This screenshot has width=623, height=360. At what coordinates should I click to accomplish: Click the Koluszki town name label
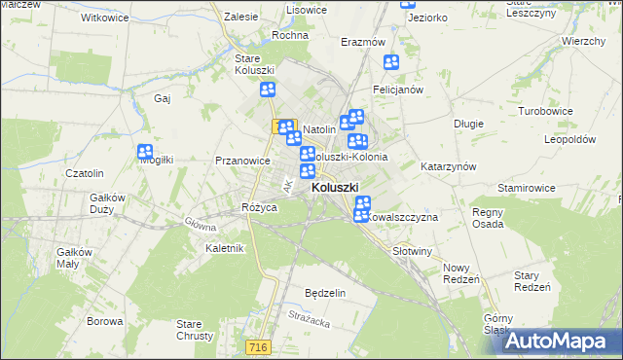334,189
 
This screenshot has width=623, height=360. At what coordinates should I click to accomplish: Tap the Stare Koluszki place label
255,64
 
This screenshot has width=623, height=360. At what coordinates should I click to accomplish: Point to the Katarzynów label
448,166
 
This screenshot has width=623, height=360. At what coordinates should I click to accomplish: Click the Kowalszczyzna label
404,218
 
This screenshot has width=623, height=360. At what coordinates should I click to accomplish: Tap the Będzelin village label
325,293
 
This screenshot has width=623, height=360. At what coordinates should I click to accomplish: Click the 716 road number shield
284,346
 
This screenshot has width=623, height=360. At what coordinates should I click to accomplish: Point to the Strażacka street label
311,315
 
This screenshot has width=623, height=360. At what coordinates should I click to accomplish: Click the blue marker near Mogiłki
146,152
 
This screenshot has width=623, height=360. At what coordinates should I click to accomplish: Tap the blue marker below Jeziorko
391,63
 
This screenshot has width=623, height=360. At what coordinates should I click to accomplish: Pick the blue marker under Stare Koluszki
268,90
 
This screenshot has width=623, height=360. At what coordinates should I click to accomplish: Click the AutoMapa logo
561,341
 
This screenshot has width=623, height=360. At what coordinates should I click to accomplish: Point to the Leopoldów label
569,139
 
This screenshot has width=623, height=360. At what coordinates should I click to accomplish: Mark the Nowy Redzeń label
460,273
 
